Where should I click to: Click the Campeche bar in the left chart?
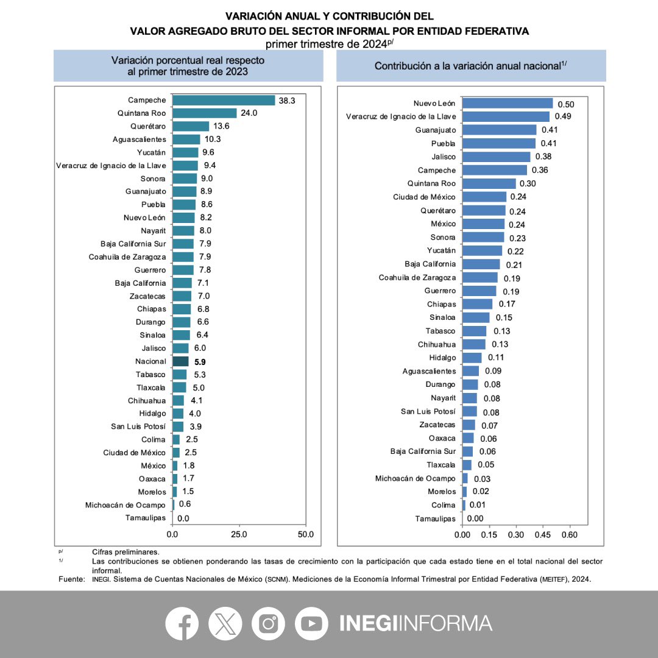[x=224, y=100]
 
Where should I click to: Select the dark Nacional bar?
[x=181, y=361]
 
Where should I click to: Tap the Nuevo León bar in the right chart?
[x=508, y=103]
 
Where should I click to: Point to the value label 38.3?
[x=287, y=101]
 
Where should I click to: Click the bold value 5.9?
[x=199, y=362]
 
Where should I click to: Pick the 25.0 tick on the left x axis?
[x=239, y=534]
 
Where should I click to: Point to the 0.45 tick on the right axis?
[x=543, y=534]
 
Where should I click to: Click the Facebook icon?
[x=182, y=623]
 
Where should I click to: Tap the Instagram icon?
[x=269, y=623]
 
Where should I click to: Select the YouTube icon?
[x=311, y=623]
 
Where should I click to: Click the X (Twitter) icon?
[x=225, y=623]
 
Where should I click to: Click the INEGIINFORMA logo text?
[x=416, y=623]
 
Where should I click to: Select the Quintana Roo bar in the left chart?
[x=205, y=113]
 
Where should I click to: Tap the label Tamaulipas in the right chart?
[x=435, y=518]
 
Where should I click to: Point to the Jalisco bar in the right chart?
[x=497, y=157]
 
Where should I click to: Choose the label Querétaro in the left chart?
[x=148, y=126]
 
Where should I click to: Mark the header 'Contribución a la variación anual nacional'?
[x=471, y=66]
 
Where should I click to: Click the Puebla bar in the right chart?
[x=499, y=143]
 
